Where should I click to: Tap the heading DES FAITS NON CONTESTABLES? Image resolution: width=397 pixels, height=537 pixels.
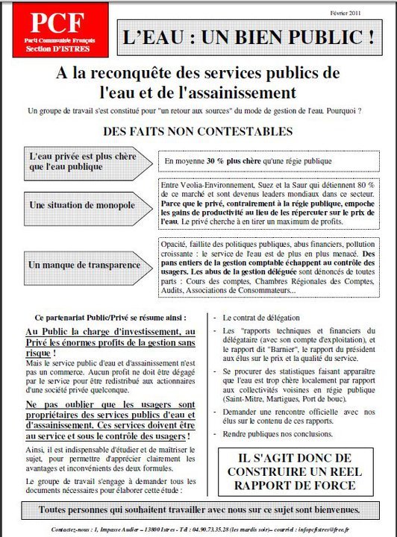(198, 132)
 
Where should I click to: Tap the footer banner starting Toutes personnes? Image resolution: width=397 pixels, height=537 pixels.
(198, 511)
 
